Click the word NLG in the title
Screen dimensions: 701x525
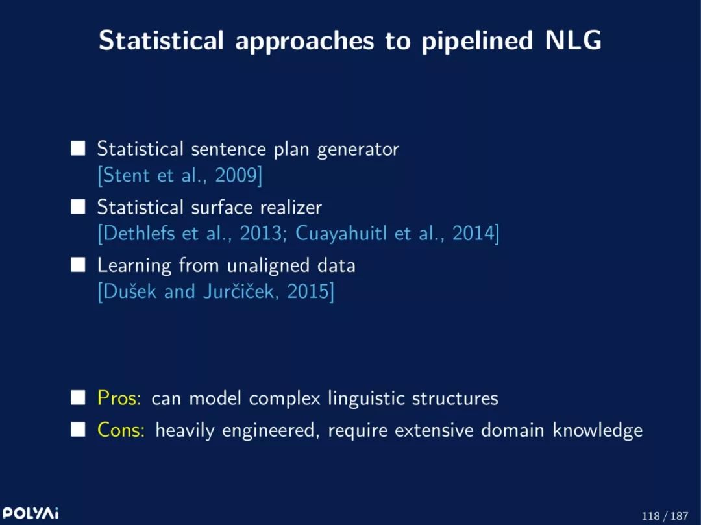[574, 40]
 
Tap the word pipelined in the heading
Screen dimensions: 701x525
[478, 41]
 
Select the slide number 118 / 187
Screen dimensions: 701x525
[665, 516]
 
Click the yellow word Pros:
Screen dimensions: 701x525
[119, 398]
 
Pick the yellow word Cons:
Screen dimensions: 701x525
[121, 430]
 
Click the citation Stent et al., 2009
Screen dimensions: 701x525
[180, 175]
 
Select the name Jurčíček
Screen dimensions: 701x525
[238, 291]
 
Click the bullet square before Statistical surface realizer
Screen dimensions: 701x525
[78, 206]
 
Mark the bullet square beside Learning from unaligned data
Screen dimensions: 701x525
[78, 265]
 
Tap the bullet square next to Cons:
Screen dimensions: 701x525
[78, 430]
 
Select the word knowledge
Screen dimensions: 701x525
[598, 431]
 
